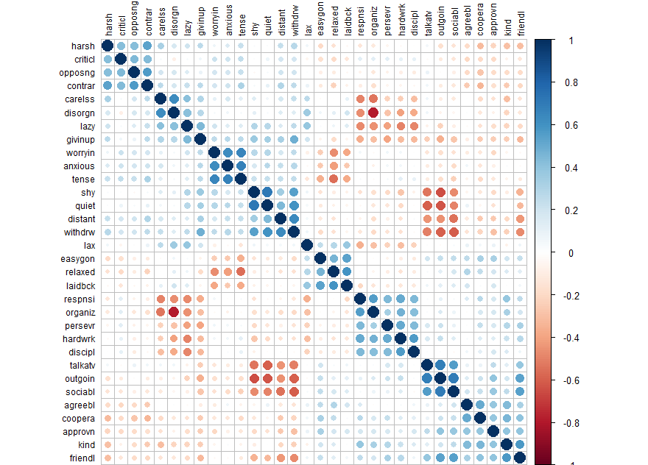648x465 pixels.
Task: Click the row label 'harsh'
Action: pos(82,46)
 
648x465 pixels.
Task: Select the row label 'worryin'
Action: pos(79,152)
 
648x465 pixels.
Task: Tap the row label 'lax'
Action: pos(88,245)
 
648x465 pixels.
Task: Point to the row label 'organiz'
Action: pos(80,311)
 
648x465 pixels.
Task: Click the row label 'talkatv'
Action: pos(80,364)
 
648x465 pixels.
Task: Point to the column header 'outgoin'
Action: pos(440,23)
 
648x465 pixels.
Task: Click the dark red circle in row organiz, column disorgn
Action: pos(175,311)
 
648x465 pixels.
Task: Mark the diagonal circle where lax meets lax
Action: pos(307,245)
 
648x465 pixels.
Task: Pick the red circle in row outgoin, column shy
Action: pos(254,377)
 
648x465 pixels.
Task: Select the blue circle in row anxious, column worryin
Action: pos(214,166)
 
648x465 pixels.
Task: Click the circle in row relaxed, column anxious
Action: pos(228,271)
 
